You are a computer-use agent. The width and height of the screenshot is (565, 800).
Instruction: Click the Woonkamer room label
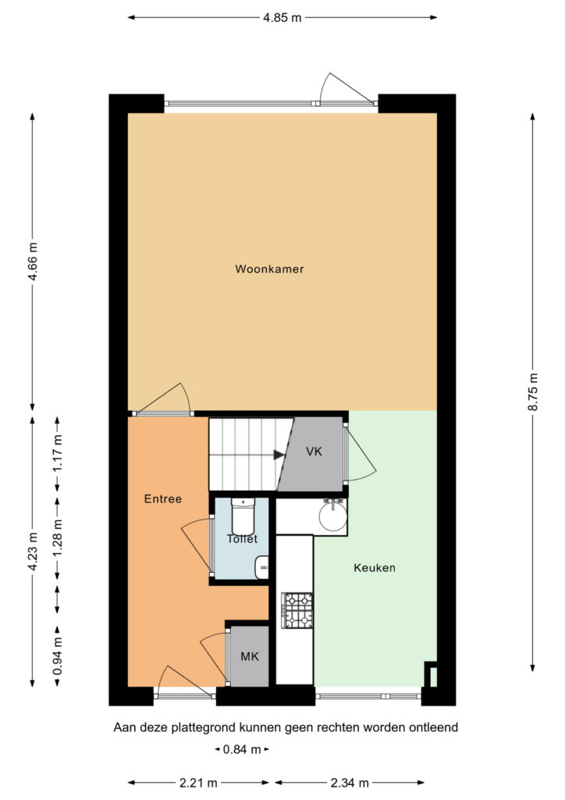269,269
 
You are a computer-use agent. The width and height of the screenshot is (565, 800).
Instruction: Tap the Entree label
163,499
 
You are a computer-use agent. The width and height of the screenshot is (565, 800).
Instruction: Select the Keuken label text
375,568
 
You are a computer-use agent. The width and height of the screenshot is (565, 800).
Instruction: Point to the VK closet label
314,452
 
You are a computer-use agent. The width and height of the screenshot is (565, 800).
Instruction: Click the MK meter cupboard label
250,656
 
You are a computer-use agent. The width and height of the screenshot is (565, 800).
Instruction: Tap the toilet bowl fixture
243,516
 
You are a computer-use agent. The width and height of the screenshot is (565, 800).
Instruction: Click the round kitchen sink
333,516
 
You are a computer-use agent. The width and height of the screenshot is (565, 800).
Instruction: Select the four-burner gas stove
297,611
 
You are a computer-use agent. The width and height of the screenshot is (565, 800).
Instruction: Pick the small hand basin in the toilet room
262,567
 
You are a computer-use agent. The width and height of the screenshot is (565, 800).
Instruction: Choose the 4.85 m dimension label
282,18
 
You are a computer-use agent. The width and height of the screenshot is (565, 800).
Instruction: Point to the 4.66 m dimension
33,261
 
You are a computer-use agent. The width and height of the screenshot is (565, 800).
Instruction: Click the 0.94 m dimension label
57,655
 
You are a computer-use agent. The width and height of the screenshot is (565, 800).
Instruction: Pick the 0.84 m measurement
242,749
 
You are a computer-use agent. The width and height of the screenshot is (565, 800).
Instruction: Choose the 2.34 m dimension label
350,783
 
